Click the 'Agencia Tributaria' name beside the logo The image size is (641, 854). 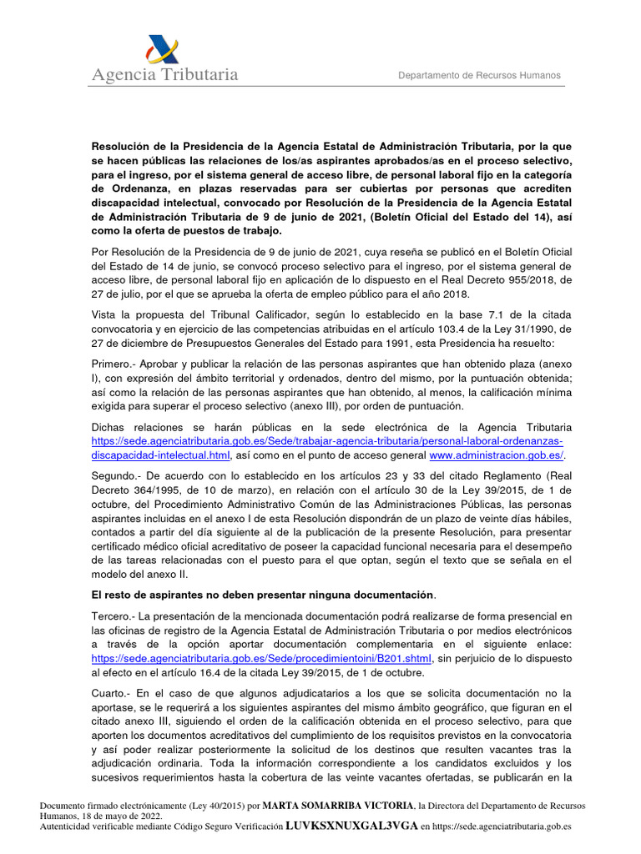[165, 75]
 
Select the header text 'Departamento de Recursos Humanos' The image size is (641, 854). [479, 75]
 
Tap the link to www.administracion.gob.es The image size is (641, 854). [496, 455]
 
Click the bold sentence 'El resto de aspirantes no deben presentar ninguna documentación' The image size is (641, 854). [262, 594]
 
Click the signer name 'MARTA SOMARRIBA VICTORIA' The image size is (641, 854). [338, 806]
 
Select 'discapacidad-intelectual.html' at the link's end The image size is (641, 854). [160, 455]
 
